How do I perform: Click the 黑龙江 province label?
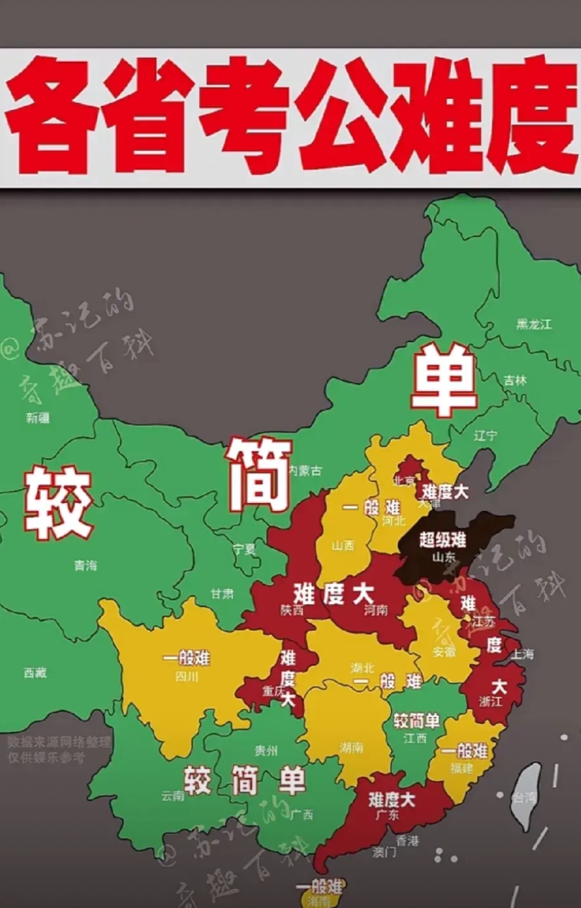point(533,324)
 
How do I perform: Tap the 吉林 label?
point(515,380)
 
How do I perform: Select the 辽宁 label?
point(486,435)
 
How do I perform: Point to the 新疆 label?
point(38,418)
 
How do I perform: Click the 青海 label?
point(85,565)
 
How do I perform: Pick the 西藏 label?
point(35,673)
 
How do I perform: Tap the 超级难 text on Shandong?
point(443,540)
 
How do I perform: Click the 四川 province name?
point(187,677)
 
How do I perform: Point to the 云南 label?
point(172,796)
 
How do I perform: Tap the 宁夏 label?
point(244,549)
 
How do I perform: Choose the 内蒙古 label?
point(304,470)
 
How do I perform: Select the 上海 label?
point(522,654)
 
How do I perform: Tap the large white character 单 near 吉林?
point(443,381)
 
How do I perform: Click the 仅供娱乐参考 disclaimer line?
point(46,758)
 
